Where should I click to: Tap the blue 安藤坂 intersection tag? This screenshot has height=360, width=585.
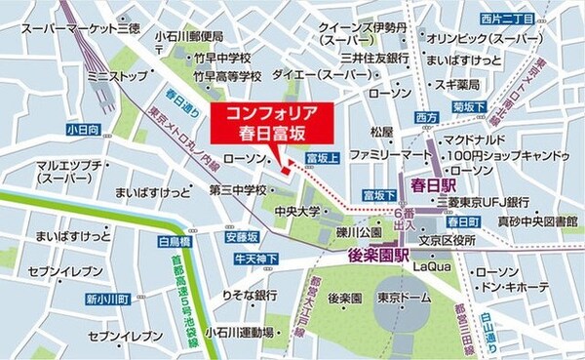(241, 235)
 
